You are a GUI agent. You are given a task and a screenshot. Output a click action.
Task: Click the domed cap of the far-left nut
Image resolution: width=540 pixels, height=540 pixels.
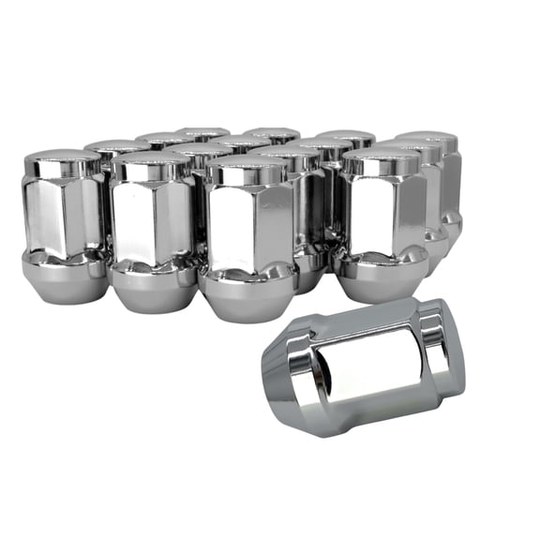click(64, 161)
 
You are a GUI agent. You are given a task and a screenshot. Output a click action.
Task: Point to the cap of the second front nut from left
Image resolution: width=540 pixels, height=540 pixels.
click(152, 167)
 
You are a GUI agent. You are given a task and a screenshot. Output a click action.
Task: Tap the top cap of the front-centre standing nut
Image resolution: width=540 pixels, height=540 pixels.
click(246, 169)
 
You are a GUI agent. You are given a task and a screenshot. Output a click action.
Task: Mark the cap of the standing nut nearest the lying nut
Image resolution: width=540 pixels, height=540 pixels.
click(379, 161)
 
